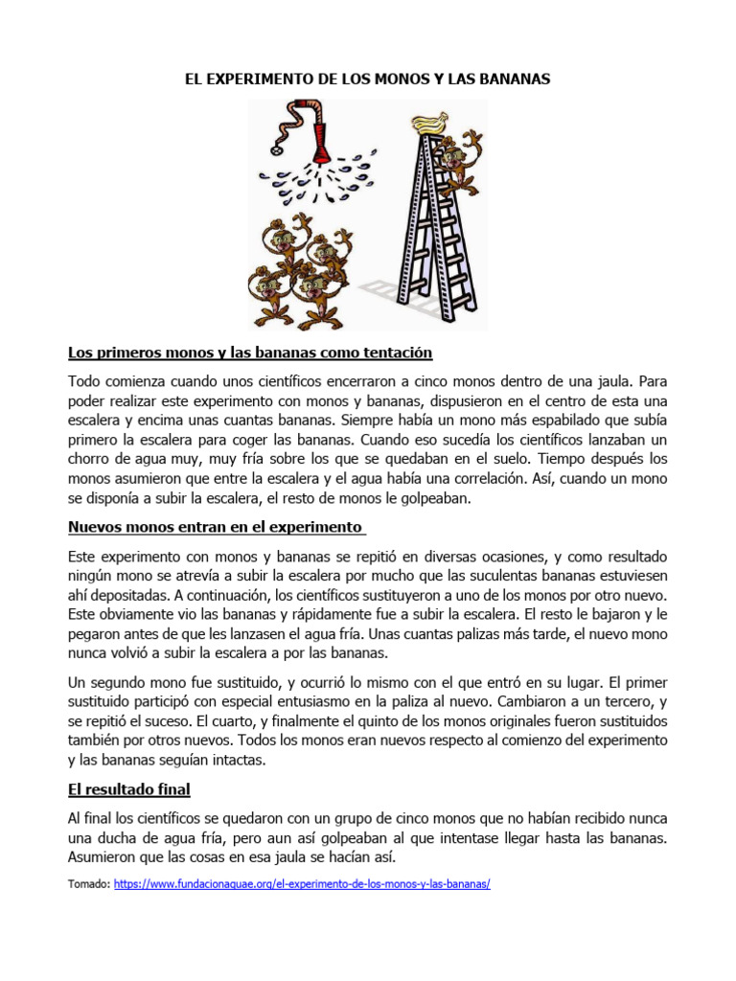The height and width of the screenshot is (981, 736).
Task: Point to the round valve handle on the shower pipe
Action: pos(279,149)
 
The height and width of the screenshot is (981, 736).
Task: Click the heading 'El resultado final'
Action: pos(129,789)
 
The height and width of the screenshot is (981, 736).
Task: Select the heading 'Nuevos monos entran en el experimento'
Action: pos(216,527)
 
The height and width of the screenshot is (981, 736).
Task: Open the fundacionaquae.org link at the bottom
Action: pos(302,885)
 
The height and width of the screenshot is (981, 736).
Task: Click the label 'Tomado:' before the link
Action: pos(89,885)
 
